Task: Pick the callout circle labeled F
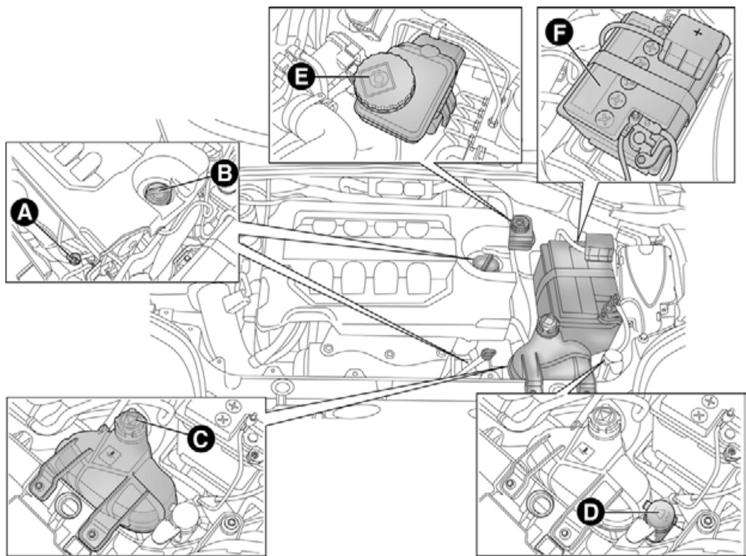560,35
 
